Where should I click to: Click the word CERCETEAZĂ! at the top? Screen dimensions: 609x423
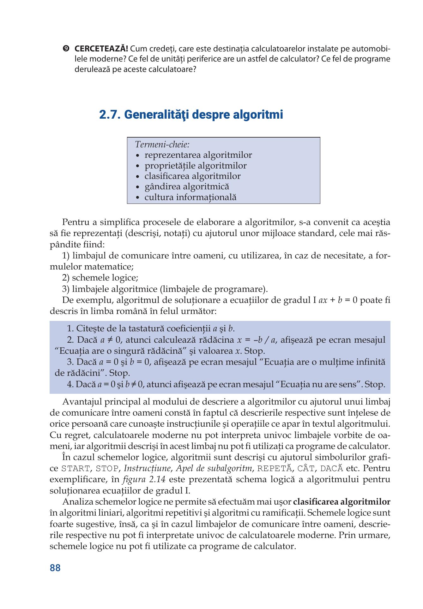pyautogui.click(x=101, y=49)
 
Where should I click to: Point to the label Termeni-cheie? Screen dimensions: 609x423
pyautogui.click(x=162, y=145)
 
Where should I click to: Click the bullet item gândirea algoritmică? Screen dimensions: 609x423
pyautogui.click(x=187, y=187)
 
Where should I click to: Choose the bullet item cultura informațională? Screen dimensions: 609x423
pyautogui.click(x=190, y=198)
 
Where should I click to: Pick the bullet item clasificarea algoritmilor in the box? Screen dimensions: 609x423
pyautogui.click(x=192, y=176)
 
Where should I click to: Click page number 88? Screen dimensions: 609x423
pyautogui.click(x=55, y=568)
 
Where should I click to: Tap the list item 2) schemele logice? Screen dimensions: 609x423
pyautogui.click(x=100, y=278)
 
